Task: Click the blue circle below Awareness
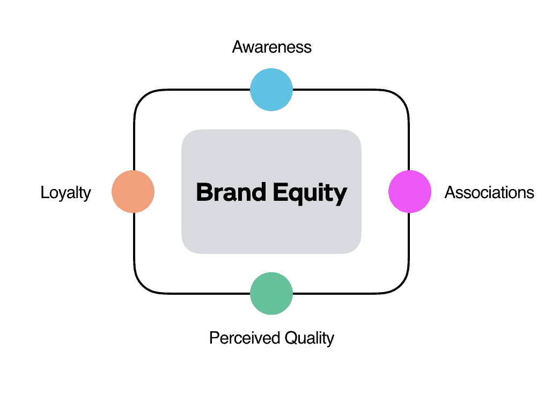[x=271, y=90]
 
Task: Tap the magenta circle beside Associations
[x=409, y=192]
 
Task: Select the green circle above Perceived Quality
[x=271, y=294]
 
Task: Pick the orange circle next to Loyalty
[x=133, y=192]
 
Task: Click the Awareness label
[x=271, y=47]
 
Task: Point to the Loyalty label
[x=65, y=193]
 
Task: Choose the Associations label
[x=489, y=192]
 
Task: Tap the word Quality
[x=310, y=339]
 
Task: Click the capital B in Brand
[x=203, y=192]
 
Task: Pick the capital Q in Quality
[x=291, y=338]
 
